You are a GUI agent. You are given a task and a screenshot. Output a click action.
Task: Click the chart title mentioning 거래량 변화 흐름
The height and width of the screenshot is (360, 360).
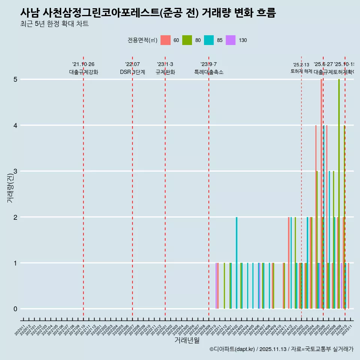coord(148,13)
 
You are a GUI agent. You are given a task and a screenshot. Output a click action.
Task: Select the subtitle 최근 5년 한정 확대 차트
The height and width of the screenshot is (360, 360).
coord(54,24)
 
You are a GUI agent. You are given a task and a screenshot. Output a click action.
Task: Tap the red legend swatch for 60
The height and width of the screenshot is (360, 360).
coord(165,40)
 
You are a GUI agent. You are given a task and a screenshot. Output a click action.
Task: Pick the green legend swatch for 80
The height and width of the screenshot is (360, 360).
coord(187,40)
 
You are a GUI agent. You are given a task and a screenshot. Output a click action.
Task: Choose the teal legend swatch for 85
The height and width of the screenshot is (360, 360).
coord(209,40)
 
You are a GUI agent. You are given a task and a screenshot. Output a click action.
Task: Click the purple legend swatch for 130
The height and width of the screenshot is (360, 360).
coord(231,40)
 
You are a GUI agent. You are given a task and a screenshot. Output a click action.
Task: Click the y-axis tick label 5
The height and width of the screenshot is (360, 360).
coord(15,79)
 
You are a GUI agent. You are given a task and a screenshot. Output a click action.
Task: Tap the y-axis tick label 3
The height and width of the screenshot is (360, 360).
coord(15,171)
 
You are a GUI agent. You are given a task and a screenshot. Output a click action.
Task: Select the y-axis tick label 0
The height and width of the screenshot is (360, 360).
coord(15,309)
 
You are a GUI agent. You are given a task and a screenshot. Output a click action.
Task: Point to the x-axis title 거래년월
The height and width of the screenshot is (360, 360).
coord(187,340)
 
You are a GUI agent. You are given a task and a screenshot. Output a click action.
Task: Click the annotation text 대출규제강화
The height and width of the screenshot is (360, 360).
coord(83,72)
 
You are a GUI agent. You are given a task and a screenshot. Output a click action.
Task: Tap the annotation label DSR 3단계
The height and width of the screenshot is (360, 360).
coord(132,72)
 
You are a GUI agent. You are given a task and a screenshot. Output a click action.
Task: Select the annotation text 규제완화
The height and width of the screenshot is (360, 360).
coord(165,72)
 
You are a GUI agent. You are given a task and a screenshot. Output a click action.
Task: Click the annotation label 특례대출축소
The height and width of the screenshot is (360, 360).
coord(208,72)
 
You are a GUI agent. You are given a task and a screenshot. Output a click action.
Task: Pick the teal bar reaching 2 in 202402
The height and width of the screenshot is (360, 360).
coord(237,262)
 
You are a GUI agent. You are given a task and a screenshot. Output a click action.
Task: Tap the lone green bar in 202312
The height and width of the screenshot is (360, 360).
coord(224,286)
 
